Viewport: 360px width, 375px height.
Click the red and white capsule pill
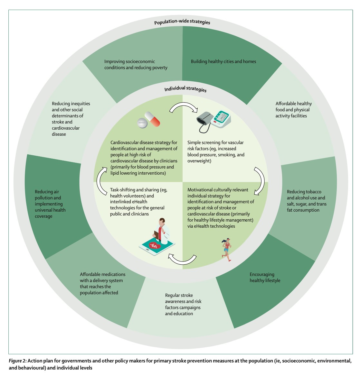click(152, 119)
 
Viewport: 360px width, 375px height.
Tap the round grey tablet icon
click(142, 123)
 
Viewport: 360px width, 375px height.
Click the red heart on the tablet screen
click(154, 246)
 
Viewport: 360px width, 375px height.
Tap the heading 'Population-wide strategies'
click(182, 22)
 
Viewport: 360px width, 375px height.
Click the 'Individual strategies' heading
click(185, 89)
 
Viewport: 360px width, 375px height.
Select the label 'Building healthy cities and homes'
click(223, 61)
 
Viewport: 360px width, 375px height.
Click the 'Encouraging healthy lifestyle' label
click(265, 278)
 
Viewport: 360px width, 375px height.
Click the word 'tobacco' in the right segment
click(313, 192)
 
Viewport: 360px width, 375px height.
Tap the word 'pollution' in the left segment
click(44, 198)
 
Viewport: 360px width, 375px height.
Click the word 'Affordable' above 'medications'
click(91, 274)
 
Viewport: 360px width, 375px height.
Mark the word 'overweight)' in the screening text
click(199, 161)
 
